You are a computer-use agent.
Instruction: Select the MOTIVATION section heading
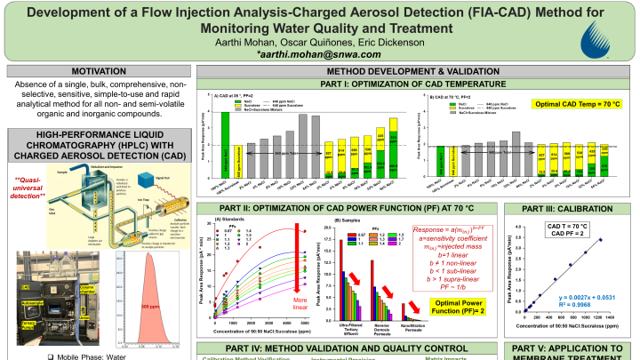(99, 71)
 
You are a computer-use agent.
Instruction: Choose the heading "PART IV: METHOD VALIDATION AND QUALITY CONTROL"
(347, 348)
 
